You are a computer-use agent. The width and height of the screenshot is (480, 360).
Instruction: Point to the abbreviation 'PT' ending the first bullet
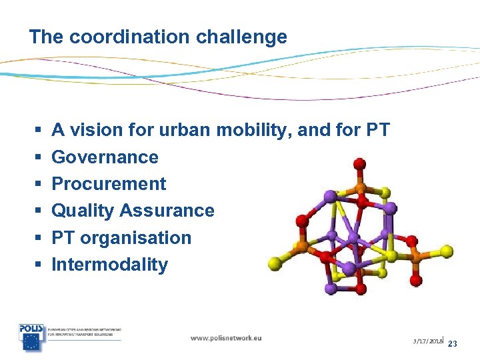click(377, 130)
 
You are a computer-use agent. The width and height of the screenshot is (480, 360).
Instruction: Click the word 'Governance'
click(105, 157)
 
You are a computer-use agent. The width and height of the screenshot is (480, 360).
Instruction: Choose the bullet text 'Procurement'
click(109, 184)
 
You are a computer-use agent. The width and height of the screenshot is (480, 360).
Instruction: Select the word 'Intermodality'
click(109, 265)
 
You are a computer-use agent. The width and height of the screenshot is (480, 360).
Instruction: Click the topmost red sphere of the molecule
click(359, 163)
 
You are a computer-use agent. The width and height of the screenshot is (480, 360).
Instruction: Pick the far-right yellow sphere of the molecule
click(446, 251)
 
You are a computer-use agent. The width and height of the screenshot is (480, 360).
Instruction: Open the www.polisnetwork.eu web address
click(226, 338)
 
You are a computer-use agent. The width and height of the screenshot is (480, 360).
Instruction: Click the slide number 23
click(453, 344)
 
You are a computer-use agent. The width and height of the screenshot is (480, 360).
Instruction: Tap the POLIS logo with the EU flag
click(31, 337)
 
